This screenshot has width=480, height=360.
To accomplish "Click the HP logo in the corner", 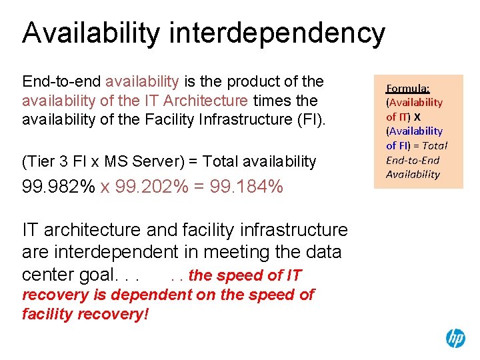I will pos(455,338).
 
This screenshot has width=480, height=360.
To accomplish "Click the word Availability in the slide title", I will pos(91,33).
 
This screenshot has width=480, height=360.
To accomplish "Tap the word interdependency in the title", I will pos(277,33).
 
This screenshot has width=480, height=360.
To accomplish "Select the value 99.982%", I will pos(59,187).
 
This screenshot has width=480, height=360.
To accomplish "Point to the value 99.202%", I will pos(151,187).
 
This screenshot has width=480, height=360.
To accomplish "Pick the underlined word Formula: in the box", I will pos(408,88).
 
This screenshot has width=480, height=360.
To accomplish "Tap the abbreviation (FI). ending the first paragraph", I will pos(308,119).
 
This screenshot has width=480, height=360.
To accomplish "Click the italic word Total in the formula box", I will pos(435,145).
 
